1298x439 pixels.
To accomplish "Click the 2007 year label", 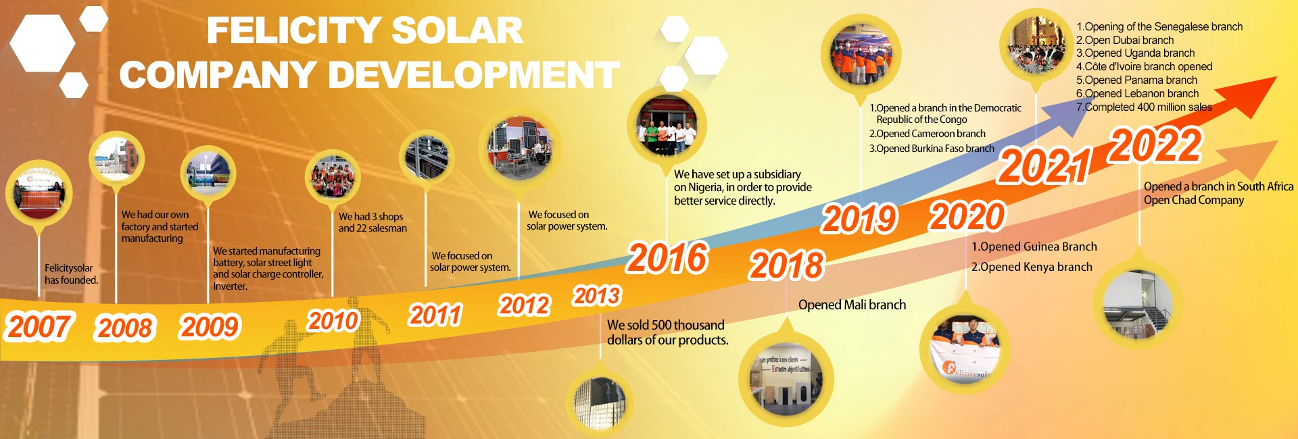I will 39,327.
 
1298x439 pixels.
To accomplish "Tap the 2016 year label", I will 667,258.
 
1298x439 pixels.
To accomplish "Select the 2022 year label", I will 1155,146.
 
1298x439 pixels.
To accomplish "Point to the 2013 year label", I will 597,296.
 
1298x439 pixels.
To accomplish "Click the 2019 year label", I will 859,219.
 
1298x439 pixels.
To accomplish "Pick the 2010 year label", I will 333,320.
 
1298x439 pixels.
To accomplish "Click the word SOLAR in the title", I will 457,31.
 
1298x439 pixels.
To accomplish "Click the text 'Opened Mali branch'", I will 852,305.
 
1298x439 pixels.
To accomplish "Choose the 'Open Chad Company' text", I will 1193,200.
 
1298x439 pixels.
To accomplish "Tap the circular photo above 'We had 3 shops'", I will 333,176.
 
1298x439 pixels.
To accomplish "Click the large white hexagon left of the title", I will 43,43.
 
